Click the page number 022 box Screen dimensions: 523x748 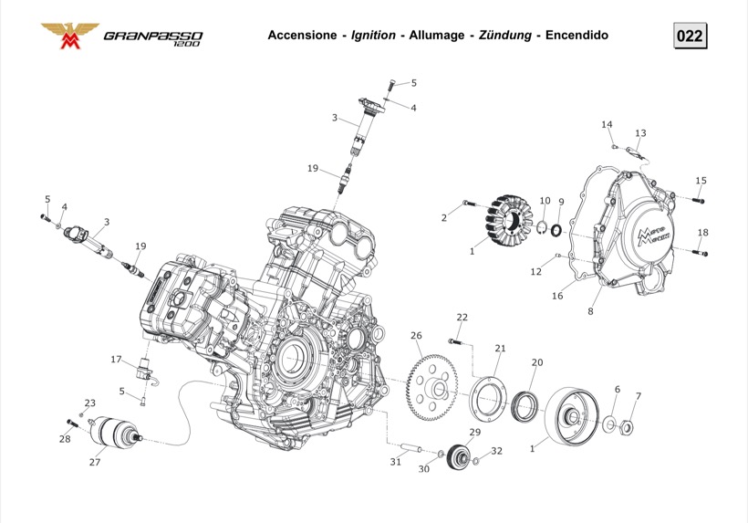coord(690,36)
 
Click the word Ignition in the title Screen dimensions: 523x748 coord(373,36)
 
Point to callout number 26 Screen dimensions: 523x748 coord(416,336)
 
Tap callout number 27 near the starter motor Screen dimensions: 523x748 coord(94,462)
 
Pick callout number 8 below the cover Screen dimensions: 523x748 coord(590,311)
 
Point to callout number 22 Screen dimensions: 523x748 coord(462,317)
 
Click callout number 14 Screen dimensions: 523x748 coord(607,124)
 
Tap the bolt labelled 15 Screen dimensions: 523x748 coord(699,199)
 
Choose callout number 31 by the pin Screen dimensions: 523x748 coord(395,462)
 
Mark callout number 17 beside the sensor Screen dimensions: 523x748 coord(116,360)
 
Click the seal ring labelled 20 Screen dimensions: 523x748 coord(525,405)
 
